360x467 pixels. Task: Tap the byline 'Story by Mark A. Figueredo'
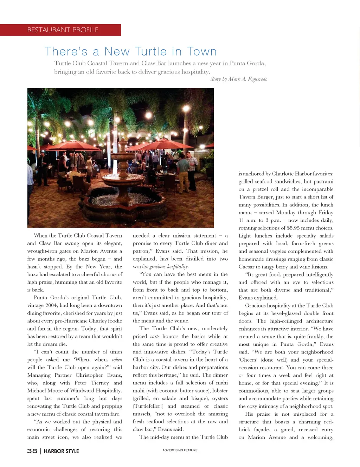pyautogui.click(x=239, y=79)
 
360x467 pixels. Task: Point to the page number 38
pyautogui.click(x=32, y=451)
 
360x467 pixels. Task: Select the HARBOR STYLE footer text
pyautogui.click(x=61, y=451)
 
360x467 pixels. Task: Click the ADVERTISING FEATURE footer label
pyautogui.click(x=180, y=450)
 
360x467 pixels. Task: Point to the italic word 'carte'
pyautogui.click(x=155, y=336)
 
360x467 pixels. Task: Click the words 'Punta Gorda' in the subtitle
pyautogui.click(x=247, y=63)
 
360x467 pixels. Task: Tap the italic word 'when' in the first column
pyautogui.click(x=117, y=359)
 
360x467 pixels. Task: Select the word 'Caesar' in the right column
pyautogui.click(x=246, y=267)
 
